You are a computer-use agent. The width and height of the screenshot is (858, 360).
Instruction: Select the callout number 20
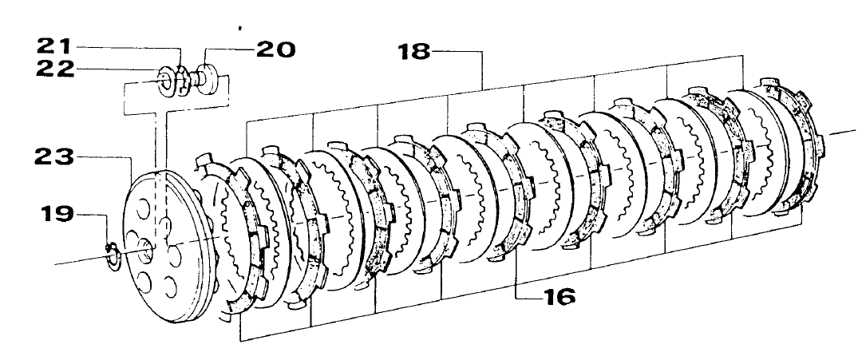[x=275, y=49]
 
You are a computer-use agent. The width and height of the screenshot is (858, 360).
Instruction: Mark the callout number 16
[x=556, y=296]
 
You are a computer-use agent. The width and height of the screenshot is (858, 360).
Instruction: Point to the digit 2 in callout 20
[x=265, y=49]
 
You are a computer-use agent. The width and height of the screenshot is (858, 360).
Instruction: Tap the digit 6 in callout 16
[x=565, y=296]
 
